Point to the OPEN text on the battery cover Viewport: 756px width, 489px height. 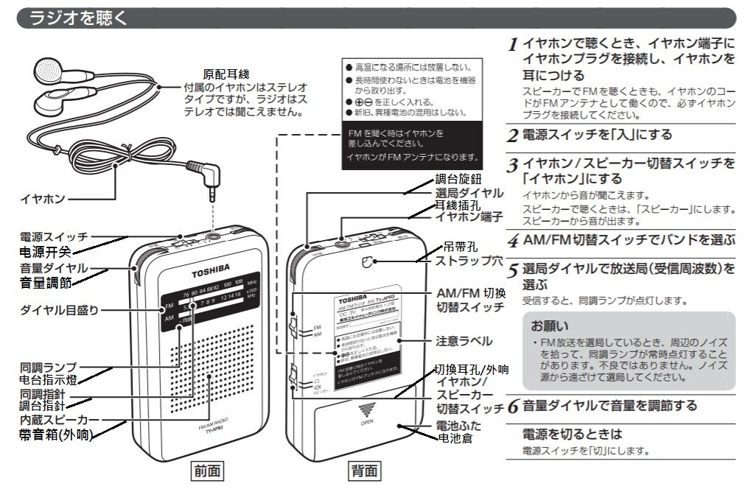(367, 422)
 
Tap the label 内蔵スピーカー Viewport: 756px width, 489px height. (55, 419)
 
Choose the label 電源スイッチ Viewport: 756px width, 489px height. (54, 237)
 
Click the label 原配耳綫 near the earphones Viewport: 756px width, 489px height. (227, 74)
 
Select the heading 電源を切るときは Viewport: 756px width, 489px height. (572, 434)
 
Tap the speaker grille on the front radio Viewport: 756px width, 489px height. (214, 368)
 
